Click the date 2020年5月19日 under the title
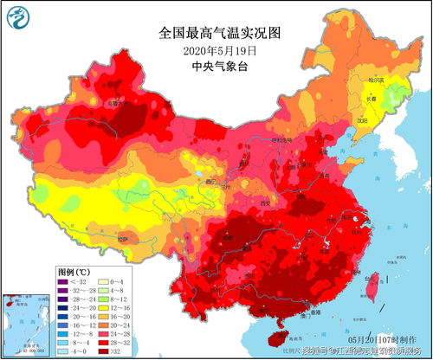220,51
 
